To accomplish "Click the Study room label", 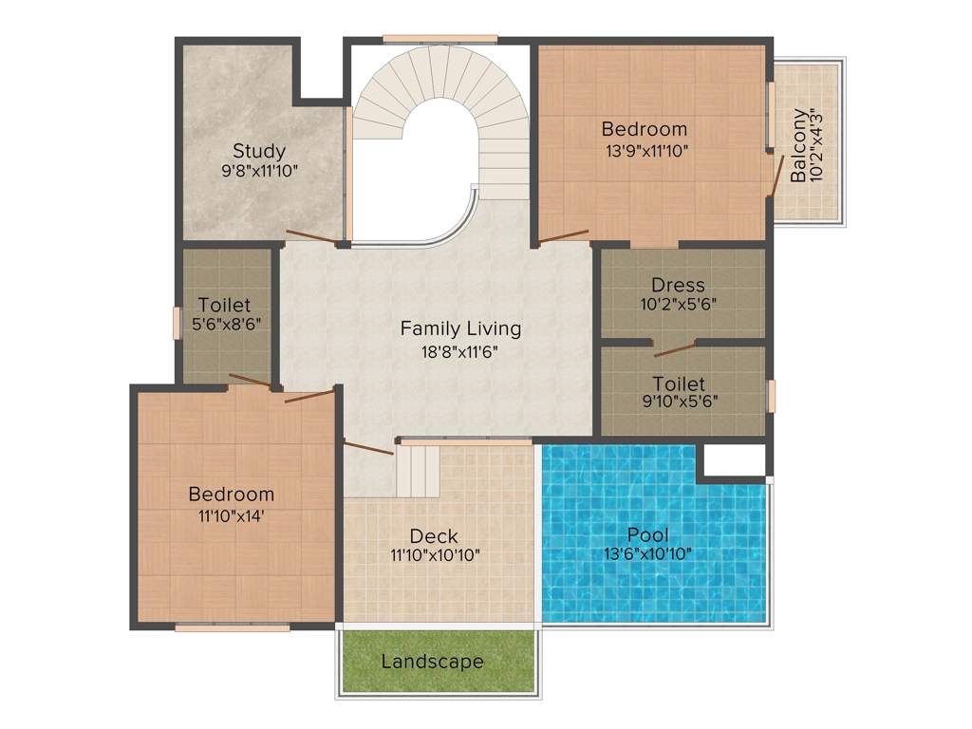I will pyautogui.click(x=259, y=151).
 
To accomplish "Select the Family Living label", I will pyautogui.click(x=460, y=328).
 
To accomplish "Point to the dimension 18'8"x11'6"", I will pyautogui.click(x=460, y=350).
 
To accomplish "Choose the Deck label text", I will pyautogui.click(x=435, y=535).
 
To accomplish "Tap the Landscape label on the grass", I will pyautogui.click(x=432, y=662).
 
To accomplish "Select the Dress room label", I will pyautogui.click(x=678, y=285).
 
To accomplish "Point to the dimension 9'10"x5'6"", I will pyautogui.click(x=679, y=401).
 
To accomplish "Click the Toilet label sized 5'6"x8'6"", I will pyautogui.click(x=225, y=305).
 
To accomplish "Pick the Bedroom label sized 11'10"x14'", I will pyautogui.click(x=231, y=494).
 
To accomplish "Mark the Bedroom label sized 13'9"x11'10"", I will pyautogui.click(x=645, y=129).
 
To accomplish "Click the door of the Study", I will pyautogui.click(x=310, y=237).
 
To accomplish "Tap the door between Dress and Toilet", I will pyautogui.click(x=674, y=348).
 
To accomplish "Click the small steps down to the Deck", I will pyautogui.click(x=418, y=472).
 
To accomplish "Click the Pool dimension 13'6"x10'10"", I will pyautogui.click(x=648, y=554).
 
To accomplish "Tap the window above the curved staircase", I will pyautogui.click(x=440, y=39).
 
